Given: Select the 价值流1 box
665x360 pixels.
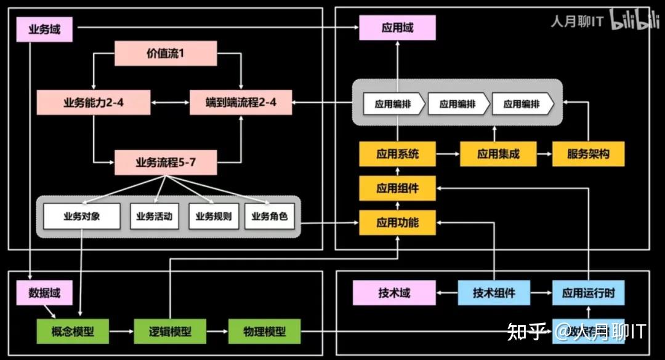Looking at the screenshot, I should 166,54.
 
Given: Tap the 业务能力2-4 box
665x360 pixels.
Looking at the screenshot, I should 94,103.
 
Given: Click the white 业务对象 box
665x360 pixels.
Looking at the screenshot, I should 82,217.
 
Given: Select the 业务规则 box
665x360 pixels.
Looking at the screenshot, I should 213,217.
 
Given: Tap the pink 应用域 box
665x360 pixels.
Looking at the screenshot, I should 397,28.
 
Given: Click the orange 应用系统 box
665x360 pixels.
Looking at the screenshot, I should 397,154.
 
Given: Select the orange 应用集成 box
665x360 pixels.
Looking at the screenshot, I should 498,154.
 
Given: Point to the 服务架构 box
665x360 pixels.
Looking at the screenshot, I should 589,154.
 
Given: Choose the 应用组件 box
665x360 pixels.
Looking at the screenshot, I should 397,188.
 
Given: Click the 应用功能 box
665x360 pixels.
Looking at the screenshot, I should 397,222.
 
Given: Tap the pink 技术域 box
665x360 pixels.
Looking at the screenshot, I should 394,293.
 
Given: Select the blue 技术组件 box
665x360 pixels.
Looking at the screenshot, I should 494,293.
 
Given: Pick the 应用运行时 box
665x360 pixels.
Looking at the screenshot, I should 589,293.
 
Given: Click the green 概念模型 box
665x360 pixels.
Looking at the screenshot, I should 73,332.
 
